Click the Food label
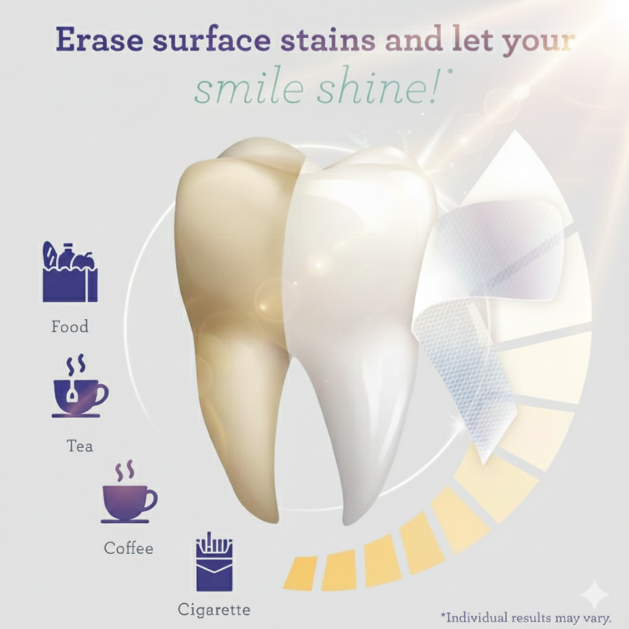69,326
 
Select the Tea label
80,445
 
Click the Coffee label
128,547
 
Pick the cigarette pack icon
214,561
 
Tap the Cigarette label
214,610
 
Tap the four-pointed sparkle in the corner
594,594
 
